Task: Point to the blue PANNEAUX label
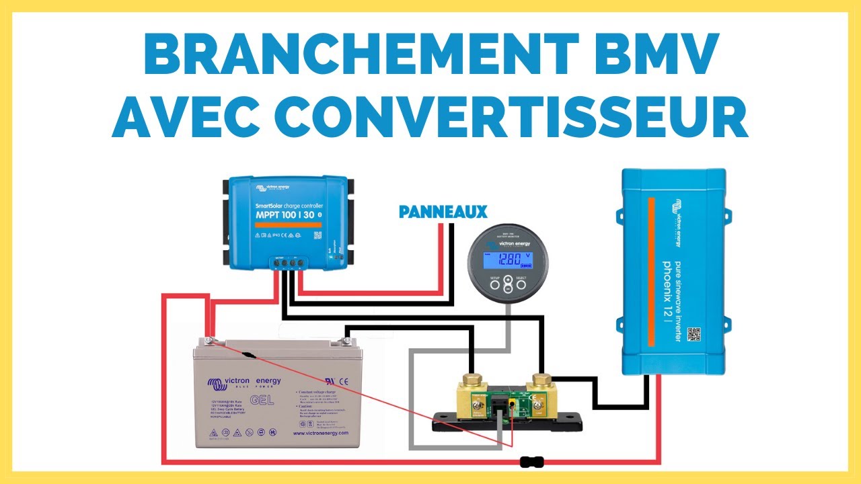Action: (443, 212)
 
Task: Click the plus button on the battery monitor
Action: (508, 283)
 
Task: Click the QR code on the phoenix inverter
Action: (694, 334)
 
